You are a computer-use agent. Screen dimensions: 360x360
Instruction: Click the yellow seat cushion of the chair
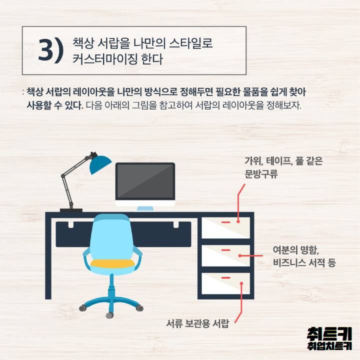[112, 262]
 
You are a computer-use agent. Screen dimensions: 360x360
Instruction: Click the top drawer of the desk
[225, 228]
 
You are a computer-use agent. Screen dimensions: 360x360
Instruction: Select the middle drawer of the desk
[225, 255]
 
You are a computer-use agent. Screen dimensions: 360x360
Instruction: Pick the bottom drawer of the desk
[225, 283]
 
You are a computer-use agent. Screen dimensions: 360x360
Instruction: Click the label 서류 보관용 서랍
[197, 323]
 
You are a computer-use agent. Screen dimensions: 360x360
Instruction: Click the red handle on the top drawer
[225, 221]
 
